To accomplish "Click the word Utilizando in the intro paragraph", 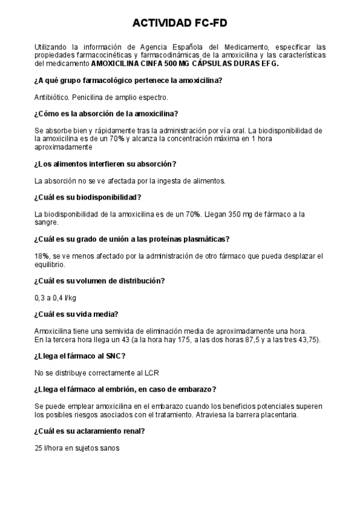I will tap(52, 46).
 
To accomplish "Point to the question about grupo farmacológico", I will tap(129, 81).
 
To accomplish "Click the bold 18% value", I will tap(42, 256).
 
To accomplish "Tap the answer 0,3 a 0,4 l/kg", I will tap(55, 297).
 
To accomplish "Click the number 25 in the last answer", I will tap(39, 447).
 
